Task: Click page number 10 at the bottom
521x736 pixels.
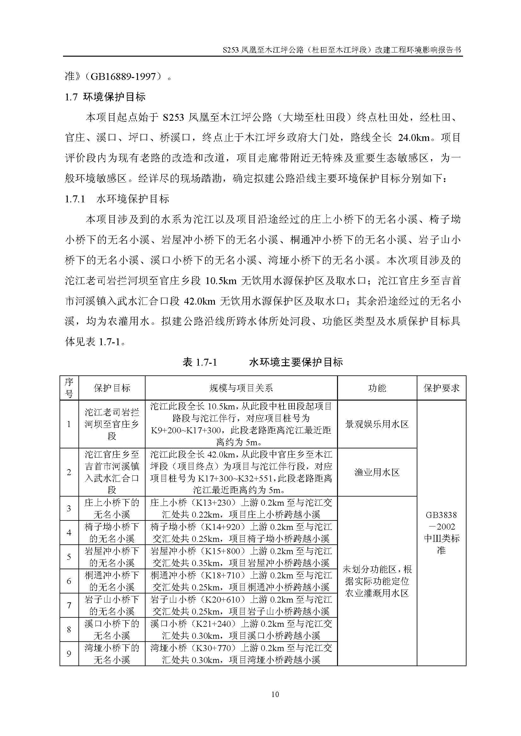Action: [275, 694]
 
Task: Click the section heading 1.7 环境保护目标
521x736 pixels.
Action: [105, 97]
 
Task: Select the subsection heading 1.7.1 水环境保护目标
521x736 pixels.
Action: [117, 199]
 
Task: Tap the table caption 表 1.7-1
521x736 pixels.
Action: [199, 362]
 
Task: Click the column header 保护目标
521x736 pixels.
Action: [112, 388]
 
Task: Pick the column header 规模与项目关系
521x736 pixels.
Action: [241, 388]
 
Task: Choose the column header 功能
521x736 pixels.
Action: [377, 388]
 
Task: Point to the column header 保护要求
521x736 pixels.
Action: [441, 388]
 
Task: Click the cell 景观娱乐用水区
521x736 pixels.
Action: [377, 424]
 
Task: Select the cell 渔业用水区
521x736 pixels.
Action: [377, 472]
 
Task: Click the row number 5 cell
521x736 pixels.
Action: [69, 557]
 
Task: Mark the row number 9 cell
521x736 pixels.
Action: [69, 654]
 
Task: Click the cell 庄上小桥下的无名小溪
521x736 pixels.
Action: [112, 508]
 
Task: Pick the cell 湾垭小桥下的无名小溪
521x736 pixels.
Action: [112, 654]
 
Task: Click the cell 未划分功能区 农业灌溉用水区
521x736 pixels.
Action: [377, 581]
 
